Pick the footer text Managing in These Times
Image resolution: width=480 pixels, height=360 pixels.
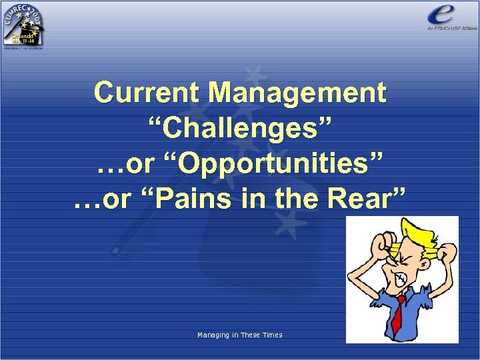click(x=239, y=335)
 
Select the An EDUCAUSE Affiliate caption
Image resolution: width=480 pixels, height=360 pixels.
click(x=451, y=29)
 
